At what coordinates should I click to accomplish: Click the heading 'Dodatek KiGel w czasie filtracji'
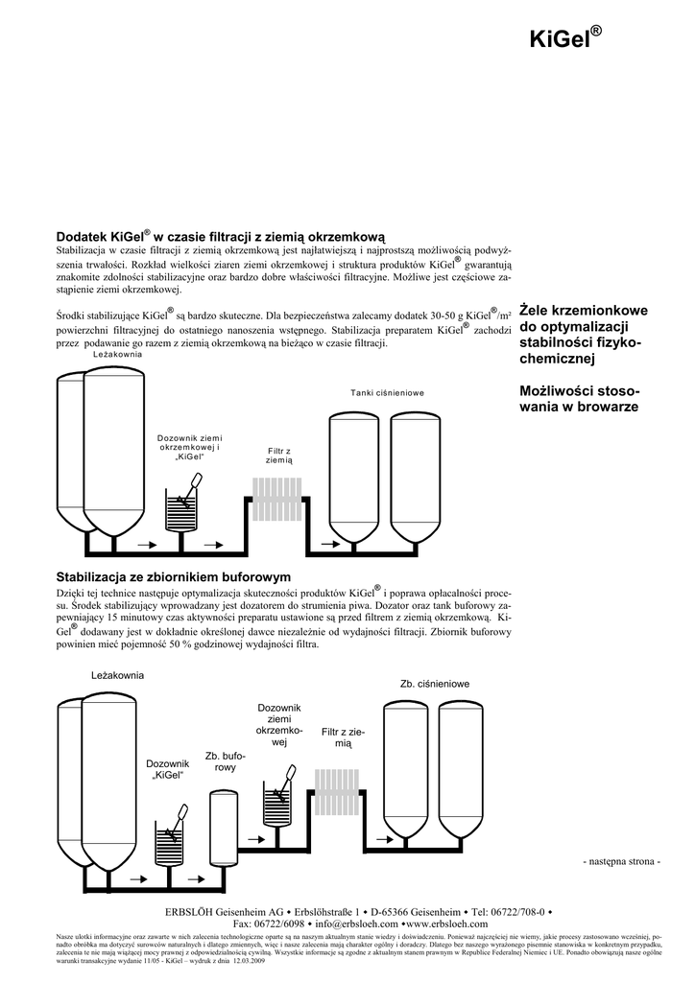[220, 236]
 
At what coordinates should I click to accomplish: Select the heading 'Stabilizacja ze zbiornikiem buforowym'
[173, 576]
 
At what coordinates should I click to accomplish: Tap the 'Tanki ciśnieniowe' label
[386, 393]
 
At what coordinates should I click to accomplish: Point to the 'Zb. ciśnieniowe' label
[434, 684]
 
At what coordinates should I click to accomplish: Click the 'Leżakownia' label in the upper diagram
[117, 355]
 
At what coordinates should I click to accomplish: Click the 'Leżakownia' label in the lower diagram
[117, 675]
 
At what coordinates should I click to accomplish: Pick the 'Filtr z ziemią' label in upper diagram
[279, 456]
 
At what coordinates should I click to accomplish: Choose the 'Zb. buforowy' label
[226, 762]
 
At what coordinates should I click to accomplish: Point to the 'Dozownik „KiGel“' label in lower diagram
[167, 769]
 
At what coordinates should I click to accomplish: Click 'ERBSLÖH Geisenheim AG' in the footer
[225, 910]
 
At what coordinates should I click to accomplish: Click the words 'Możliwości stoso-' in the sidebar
[580, 391]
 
